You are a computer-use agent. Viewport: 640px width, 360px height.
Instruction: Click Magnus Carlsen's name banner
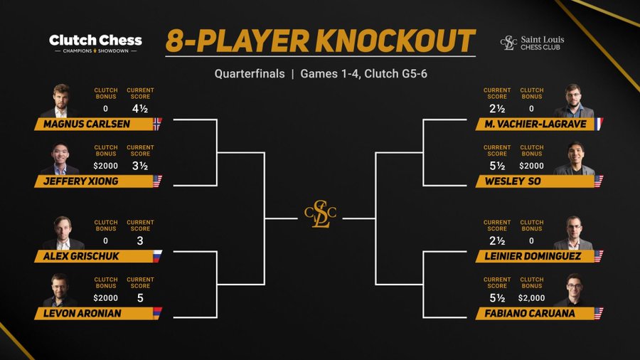[x=94, y=124]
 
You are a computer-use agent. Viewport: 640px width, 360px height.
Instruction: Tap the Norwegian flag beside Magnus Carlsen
[x=158, y=124]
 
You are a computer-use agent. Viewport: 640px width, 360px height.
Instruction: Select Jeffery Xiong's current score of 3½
[x=140, y=166]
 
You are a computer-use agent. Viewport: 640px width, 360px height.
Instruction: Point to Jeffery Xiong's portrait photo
[x=60, y=159]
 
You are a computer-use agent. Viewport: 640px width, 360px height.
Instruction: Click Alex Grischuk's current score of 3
[x=140, y=240]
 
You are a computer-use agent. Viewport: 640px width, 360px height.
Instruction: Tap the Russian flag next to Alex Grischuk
[x=158, y=256]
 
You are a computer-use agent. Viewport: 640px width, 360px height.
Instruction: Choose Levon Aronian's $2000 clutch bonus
[x=105, y=298]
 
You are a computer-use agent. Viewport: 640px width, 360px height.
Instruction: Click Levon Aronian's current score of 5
[x=140, y=298]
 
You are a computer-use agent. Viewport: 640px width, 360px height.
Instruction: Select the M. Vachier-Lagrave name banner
[x=535, y=124]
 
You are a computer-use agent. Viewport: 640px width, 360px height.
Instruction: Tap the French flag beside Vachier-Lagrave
[x=599, y=124]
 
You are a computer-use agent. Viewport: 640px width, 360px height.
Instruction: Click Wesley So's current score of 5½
[x=497, y=166]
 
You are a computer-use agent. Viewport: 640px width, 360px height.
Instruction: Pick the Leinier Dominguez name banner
[x=535, y=256]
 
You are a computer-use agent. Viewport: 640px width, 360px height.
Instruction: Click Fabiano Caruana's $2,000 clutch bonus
[x=531, y=298]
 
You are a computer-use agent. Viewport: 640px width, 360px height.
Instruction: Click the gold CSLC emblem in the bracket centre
[x=321, y=213]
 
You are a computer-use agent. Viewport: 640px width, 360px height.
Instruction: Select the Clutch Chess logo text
[x=95, y=41]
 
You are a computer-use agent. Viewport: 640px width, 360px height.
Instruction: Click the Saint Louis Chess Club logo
[x=532, y=43]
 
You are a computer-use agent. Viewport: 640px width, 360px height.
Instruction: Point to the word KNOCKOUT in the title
[x=395, y=41]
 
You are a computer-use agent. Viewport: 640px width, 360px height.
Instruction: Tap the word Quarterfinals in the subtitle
[x=250, y=74]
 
